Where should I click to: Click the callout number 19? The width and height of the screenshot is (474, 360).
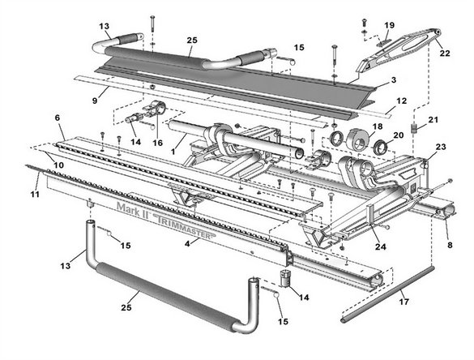tap(390, 25)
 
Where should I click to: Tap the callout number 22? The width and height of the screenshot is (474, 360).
tap(445, 54)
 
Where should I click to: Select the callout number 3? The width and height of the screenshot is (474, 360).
tap(393, 80)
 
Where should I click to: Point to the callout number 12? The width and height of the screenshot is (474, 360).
tap(401, 101)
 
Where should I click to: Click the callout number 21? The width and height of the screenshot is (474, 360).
tap(433, 120)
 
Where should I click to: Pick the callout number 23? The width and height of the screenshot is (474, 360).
tap(441, 147)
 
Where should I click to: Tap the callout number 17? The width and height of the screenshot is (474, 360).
tap(404, 302)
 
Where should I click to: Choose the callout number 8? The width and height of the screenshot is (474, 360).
tap(450, 245)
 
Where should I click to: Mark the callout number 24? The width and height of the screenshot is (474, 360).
tap(381, 246)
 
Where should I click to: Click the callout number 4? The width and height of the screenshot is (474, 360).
tap(187, 243)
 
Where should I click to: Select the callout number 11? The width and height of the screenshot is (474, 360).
tap(35, 194)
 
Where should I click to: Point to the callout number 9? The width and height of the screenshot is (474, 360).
tap(95, 101)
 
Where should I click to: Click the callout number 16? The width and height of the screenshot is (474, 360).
tap(157, 143)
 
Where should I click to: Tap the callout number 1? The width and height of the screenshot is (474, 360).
tap(173, 152)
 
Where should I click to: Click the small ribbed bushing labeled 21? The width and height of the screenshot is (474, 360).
tap(414, 128)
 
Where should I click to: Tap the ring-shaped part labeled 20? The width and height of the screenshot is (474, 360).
tap(381, 147)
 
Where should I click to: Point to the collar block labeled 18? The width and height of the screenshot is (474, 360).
tap(357, 139)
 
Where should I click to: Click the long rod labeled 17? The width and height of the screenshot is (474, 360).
tap(387, 294)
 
